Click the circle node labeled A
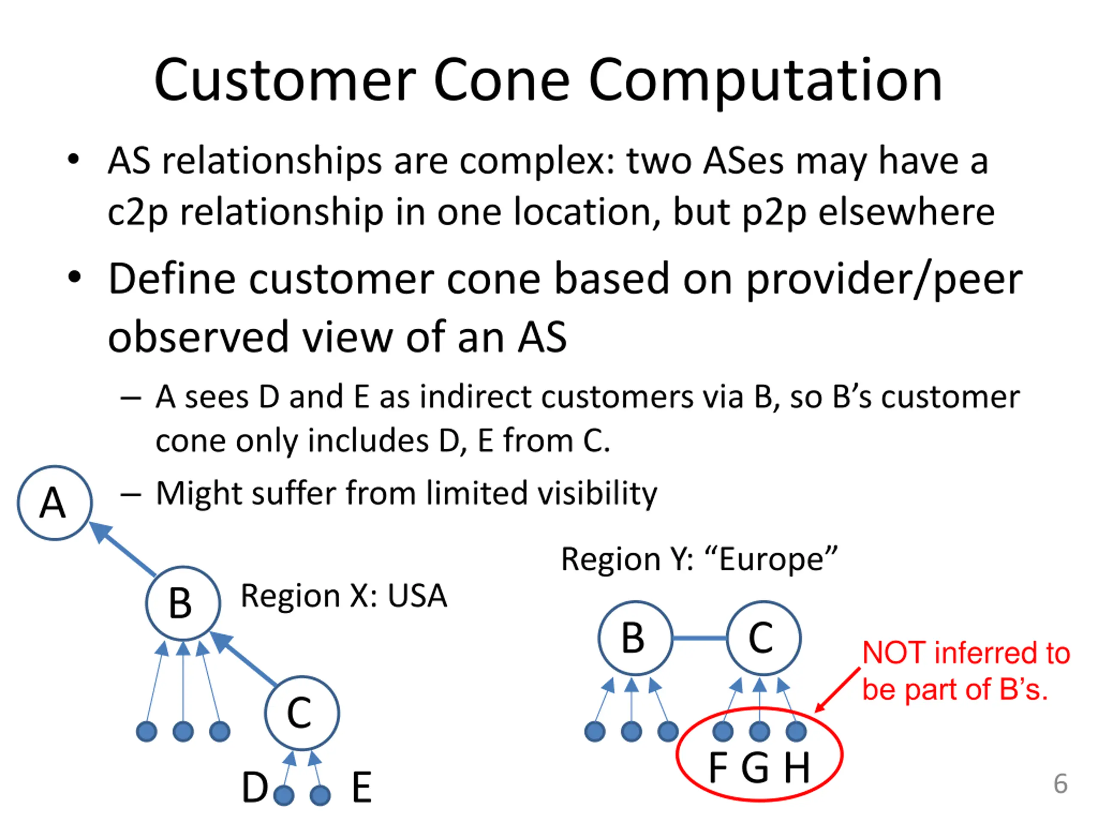54,502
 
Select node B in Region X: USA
183,603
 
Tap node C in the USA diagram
302,713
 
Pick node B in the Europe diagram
635,638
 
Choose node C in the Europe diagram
763,638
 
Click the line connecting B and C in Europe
699,638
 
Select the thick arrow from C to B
245,660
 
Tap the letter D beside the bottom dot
255,788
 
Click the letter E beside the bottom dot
362,788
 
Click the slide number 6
1060,784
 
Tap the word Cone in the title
501,80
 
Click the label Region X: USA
344,596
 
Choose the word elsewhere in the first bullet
906,212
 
